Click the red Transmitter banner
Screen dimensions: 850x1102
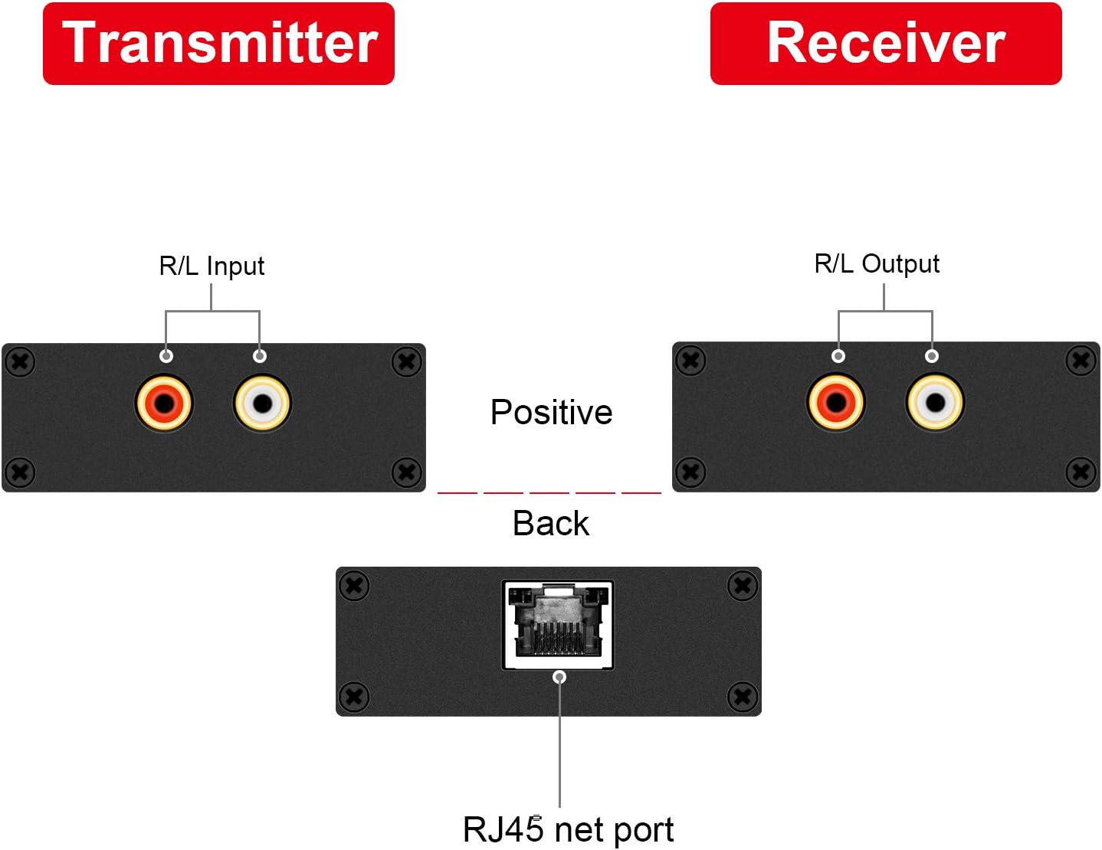tap(218, 44)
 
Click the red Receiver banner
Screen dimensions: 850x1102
tap(885, 44)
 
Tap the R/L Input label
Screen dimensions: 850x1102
tap(212, 266)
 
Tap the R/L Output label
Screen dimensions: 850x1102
tap(876, 264)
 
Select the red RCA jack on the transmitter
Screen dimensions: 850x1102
tap(164, 403)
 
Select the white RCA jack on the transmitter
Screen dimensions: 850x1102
tap(262, 403)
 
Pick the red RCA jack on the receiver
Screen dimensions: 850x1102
tap(836, 402)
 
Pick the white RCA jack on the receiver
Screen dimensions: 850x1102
tap(935, 402)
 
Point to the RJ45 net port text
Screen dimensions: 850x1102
tap(568, 830)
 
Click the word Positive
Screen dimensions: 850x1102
tap(551, 413)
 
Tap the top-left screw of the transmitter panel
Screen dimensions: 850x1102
tap(21, 361)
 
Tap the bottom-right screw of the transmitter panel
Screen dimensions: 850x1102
tap(406, 472)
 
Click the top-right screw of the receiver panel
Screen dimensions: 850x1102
tap(1081, 360)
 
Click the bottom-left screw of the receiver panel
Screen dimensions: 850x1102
tap(690, 472)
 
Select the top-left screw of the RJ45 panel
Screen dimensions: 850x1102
tap(354, 587)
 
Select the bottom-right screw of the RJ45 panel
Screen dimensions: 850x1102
tap(742, 697)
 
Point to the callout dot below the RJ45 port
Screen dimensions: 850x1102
tap(559, 677)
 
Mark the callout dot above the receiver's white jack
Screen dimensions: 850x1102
tap(931, 356)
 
